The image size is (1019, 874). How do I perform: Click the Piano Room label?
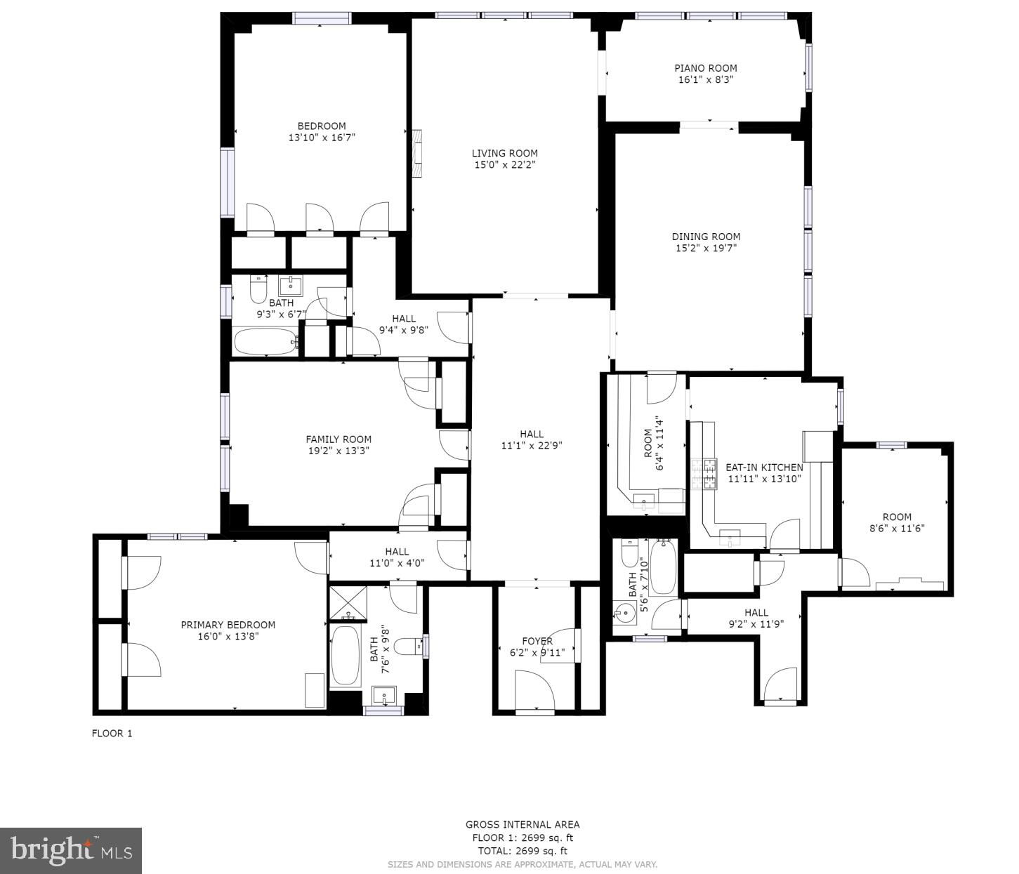pos(706,68)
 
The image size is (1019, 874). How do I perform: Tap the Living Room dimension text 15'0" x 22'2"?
pos(504,164)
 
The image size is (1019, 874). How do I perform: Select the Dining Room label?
pos(706,237)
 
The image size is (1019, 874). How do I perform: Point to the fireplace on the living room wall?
pos(418,153)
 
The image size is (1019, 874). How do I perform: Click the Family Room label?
pos(338,439)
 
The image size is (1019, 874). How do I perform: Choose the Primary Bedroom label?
pos(228,625)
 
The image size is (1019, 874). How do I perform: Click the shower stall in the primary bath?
pos(348,602)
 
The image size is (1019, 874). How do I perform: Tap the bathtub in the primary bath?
pos(345,655)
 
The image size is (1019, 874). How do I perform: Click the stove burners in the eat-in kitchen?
pos(704,474)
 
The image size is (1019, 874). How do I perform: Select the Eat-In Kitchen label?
pos(764,467)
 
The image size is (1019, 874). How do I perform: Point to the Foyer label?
pos(537,641)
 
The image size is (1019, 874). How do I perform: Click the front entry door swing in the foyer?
pos(534,690)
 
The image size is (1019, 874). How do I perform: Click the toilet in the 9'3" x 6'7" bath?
pos(258,289)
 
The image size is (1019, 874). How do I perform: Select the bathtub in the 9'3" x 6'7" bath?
pos(266,341)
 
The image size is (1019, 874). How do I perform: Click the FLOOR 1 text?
pos(112,733)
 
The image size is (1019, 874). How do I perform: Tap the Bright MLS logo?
pos(71,850)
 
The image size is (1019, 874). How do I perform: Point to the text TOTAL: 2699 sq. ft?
pos(522,851)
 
